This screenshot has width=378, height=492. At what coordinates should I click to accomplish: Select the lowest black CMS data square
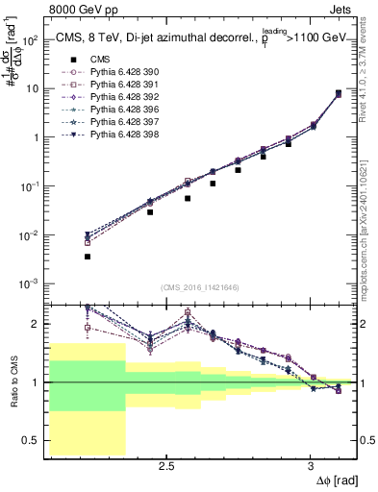pyautogui.click(x=88, y=257)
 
